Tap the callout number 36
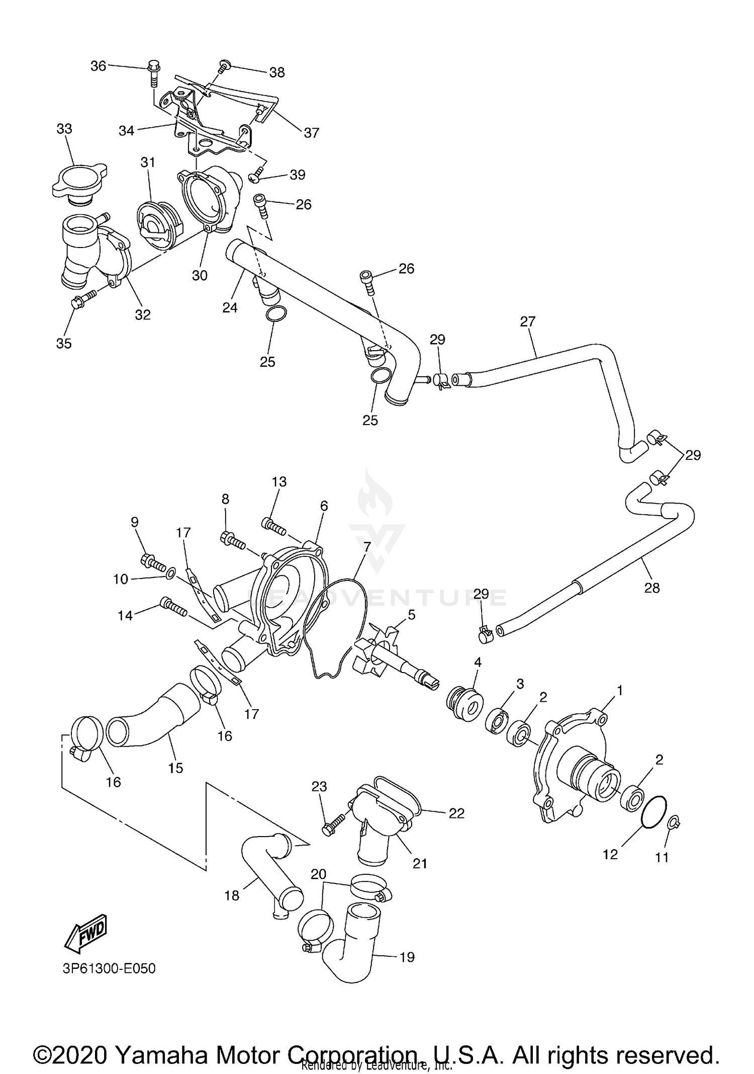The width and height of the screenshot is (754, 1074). pos(98,66)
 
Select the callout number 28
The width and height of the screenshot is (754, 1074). pos(651,587)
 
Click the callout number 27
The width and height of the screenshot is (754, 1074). pos(527,321)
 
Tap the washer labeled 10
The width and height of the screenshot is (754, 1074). pos(170,572)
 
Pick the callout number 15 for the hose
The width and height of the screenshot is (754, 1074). pos(175,768)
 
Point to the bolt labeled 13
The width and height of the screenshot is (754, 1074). pos(273,527)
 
